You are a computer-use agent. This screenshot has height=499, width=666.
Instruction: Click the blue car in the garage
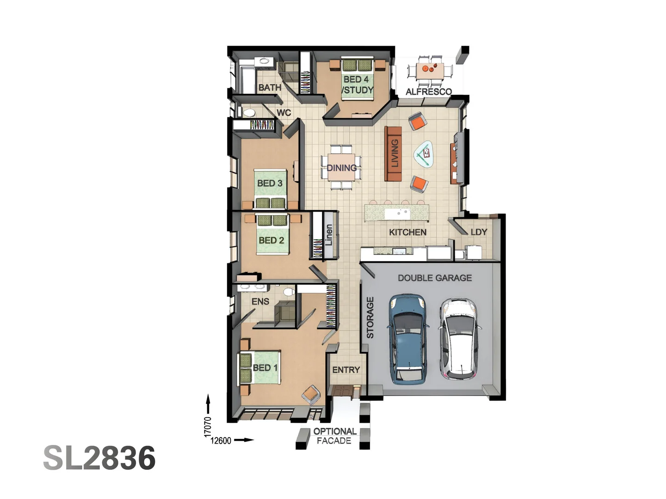407,339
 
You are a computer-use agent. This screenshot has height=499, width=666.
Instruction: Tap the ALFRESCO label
428,91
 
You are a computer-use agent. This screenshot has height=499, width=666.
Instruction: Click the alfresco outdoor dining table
430,71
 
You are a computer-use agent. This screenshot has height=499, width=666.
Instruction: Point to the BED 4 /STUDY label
357,85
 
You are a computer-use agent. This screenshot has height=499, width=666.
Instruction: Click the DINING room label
342,168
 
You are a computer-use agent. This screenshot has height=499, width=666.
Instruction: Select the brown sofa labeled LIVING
394,153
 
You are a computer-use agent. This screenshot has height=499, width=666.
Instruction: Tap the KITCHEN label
407,232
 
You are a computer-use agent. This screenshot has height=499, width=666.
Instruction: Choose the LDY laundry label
479,231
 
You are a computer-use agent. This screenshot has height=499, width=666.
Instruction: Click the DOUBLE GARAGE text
435,278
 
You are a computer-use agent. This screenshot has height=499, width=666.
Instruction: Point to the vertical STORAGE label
370,318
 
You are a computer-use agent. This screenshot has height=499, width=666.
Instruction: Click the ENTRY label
345,370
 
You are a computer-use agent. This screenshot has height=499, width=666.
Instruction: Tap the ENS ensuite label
260,301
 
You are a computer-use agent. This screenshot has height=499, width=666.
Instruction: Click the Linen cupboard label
328,235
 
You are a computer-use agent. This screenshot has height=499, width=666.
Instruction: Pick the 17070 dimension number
208,426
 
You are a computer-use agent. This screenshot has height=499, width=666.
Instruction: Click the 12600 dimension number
221,440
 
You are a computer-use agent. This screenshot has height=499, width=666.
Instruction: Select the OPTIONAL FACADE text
334,436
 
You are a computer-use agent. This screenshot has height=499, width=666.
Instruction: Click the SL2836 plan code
99,458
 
